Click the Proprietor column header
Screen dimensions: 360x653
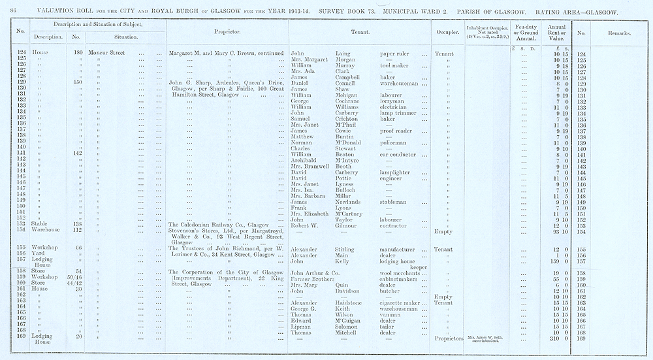(227, 31)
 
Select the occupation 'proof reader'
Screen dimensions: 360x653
(395, 131)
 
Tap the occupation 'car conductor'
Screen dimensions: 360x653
(398, 155)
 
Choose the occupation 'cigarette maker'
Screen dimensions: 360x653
(401, 303)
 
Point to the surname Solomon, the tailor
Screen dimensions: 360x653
(340, 326)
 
